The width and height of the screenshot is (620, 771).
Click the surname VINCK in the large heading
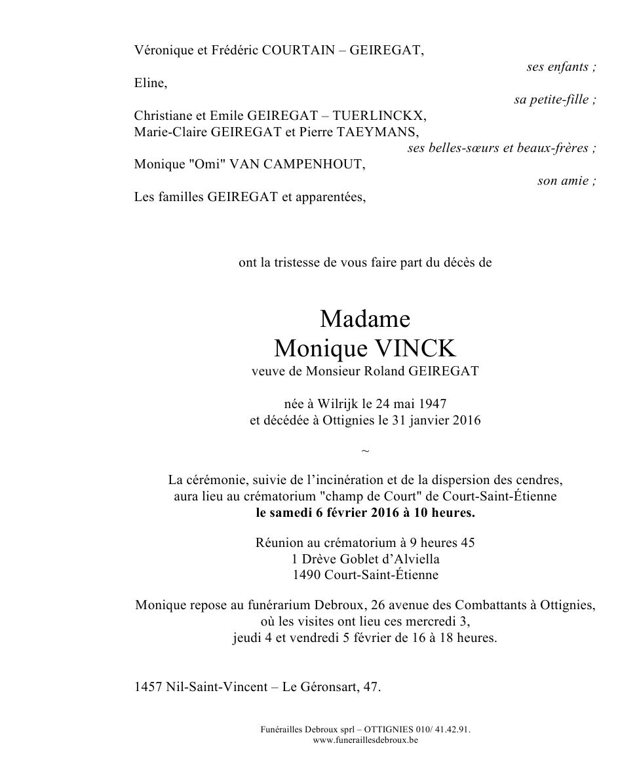[x=406, y=347]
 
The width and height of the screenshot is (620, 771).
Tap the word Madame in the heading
[x=365, y=319]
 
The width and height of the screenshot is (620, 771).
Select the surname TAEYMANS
[x=376, y=132]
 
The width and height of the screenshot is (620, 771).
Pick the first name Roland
[x=384, y=371]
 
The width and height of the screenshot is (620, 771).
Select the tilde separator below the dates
[x=365, y=451]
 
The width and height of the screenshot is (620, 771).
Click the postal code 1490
[x=307, y=575]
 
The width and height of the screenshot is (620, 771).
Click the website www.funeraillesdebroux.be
[x=365, y=740]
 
